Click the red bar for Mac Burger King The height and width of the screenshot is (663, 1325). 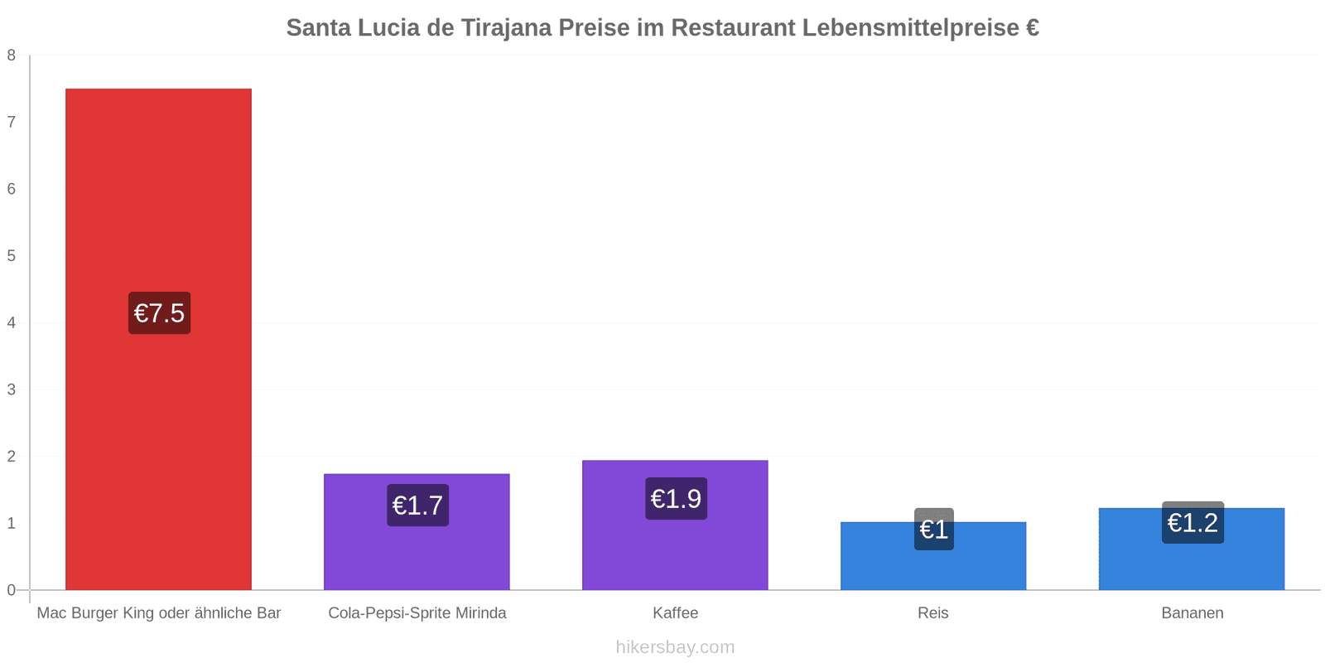coord(158,339)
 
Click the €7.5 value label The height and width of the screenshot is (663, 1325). coord(160,313)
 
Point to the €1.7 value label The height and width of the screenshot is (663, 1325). coord(417,505)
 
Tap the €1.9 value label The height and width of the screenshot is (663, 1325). coord(676,498)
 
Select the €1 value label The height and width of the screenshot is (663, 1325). coord(934,530)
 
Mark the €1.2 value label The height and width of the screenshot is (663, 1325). coord(1192,523)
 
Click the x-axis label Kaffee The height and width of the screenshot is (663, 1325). coord(676,612)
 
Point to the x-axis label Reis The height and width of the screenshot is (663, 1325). coord(932,612)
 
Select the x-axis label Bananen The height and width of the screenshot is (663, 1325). coord(1192,612)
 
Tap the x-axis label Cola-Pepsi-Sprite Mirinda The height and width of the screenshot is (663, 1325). coord(417,612)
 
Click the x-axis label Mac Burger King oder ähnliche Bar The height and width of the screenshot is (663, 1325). coord(158,612)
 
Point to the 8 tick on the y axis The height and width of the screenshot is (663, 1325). coord(12,55)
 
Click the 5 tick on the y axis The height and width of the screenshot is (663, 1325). coord(12,256)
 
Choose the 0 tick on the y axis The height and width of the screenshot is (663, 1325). coord(12,590)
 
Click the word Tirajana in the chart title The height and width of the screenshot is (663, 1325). coord(506,28)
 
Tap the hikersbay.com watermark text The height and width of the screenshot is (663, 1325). coord(675,647)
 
